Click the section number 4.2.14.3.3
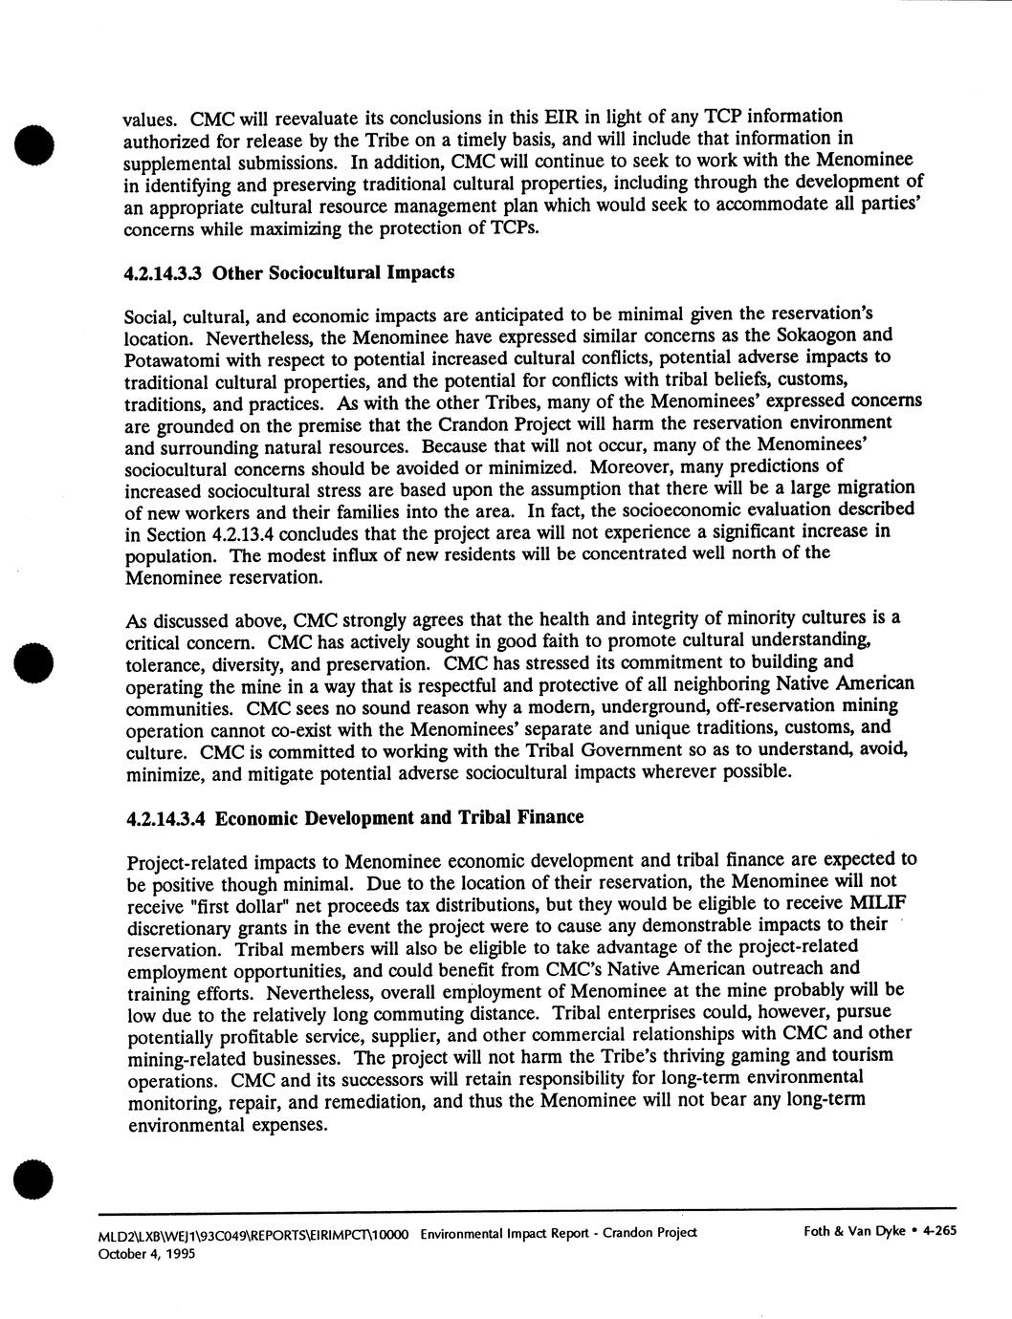coord(165,273)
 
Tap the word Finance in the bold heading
coord(547,817)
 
